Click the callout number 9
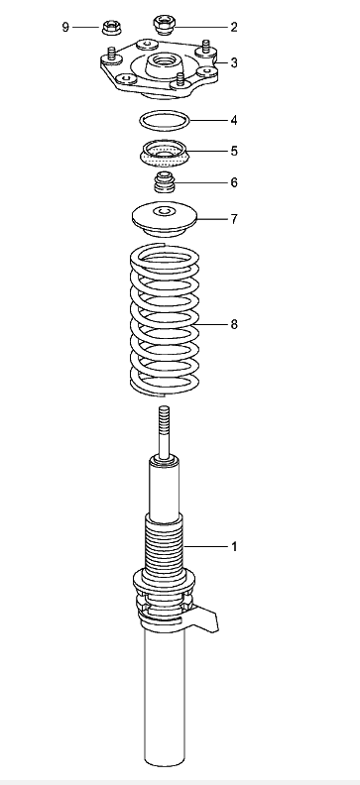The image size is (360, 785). (x=65, y=27)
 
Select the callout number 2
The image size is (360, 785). (x=234, y=27)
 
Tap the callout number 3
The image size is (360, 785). (x=234, y=63)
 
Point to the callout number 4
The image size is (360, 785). (x=234, y=121)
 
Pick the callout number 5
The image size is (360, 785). (x=234, y=152)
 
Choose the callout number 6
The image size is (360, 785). (x=234, y=182)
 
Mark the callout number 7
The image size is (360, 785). (x=234, y=219)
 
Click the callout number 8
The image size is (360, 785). (x=234, y=324)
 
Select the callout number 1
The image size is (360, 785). (x=234, y=547)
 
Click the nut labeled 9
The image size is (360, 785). (x=110, y=27)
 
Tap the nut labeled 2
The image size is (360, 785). (x=164, y=25)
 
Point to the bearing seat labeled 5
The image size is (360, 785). (x=165, y=156)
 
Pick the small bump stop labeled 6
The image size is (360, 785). (x=165, y=182)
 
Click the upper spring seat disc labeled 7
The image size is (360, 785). (x=165, y=219)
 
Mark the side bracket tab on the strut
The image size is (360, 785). (x=205, y=618)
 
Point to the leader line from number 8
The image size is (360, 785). (x=211, y=324)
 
